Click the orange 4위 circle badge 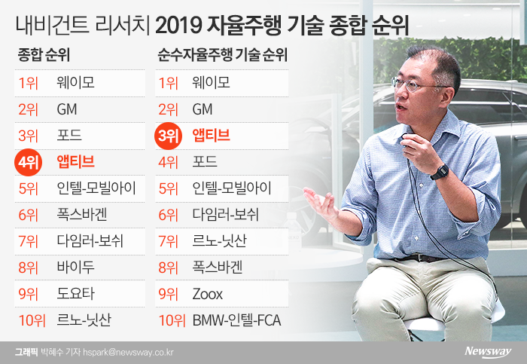29,162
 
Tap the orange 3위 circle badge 168,136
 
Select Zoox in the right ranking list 207,294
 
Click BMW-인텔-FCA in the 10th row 236,320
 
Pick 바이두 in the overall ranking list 75,268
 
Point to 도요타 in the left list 75,294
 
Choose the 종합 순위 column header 44,54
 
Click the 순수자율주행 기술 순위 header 223,54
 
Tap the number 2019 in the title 178,26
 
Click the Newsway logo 488,352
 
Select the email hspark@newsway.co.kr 129,352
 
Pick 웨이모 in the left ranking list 75,83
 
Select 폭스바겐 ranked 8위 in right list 217,268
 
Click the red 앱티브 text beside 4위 75,162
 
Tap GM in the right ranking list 203,109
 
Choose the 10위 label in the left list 32,320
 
